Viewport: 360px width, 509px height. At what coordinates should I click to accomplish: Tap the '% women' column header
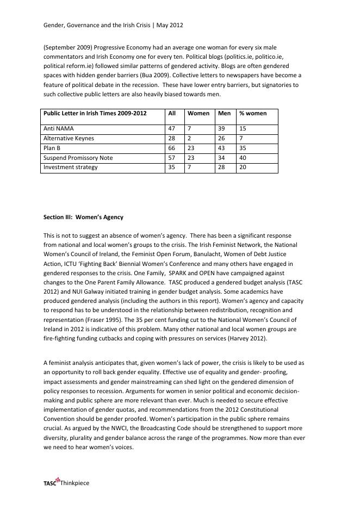(x=253, y=114)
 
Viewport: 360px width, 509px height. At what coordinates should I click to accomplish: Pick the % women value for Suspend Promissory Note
(x=243, y=158)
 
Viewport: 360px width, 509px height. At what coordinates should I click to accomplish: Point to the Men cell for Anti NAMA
(x=221, y=129)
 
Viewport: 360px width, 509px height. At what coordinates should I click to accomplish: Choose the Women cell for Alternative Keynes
(x=189, y=139)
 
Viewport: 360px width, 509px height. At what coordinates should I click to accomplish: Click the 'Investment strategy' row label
(x=70, y=167)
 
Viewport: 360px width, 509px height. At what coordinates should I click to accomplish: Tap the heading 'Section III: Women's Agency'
(x=83, y=217)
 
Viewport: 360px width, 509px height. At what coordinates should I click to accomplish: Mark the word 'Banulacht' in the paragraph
(x=216, y=254)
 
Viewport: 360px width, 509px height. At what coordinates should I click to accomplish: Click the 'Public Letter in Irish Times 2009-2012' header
(x=95, y=114)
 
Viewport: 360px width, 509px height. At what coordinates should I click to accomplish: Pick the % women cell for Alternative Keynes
(x=241, y=139)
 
